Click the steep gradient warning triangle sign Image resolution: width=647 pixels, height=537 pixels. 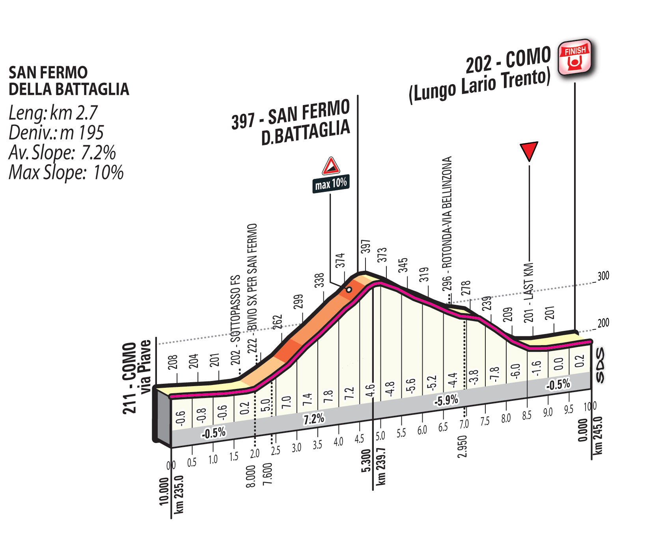331,166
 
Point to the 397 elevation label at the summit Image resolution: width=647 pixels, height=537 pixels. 365,246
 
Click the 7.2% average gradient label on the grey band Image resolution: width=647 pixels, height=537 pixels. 314,418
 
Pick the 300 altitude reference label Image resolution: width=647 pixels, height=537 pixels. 603,276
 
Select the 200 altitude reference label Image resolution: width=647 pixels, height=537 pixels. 603,323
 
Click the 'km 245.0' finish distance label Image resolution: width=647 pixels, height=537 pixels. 598,436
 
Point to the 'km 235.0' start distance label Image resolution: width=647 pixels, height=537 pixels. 179,494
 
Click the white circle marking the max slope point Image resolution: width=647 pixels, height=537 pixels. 349,289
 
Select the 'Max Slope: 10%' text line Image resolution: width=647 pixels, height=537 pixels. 66,173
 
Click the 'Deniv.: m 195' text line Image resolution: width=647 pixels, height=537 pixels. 56,133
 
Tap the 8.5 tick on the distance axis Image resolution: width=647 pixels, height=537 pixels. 527,415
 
